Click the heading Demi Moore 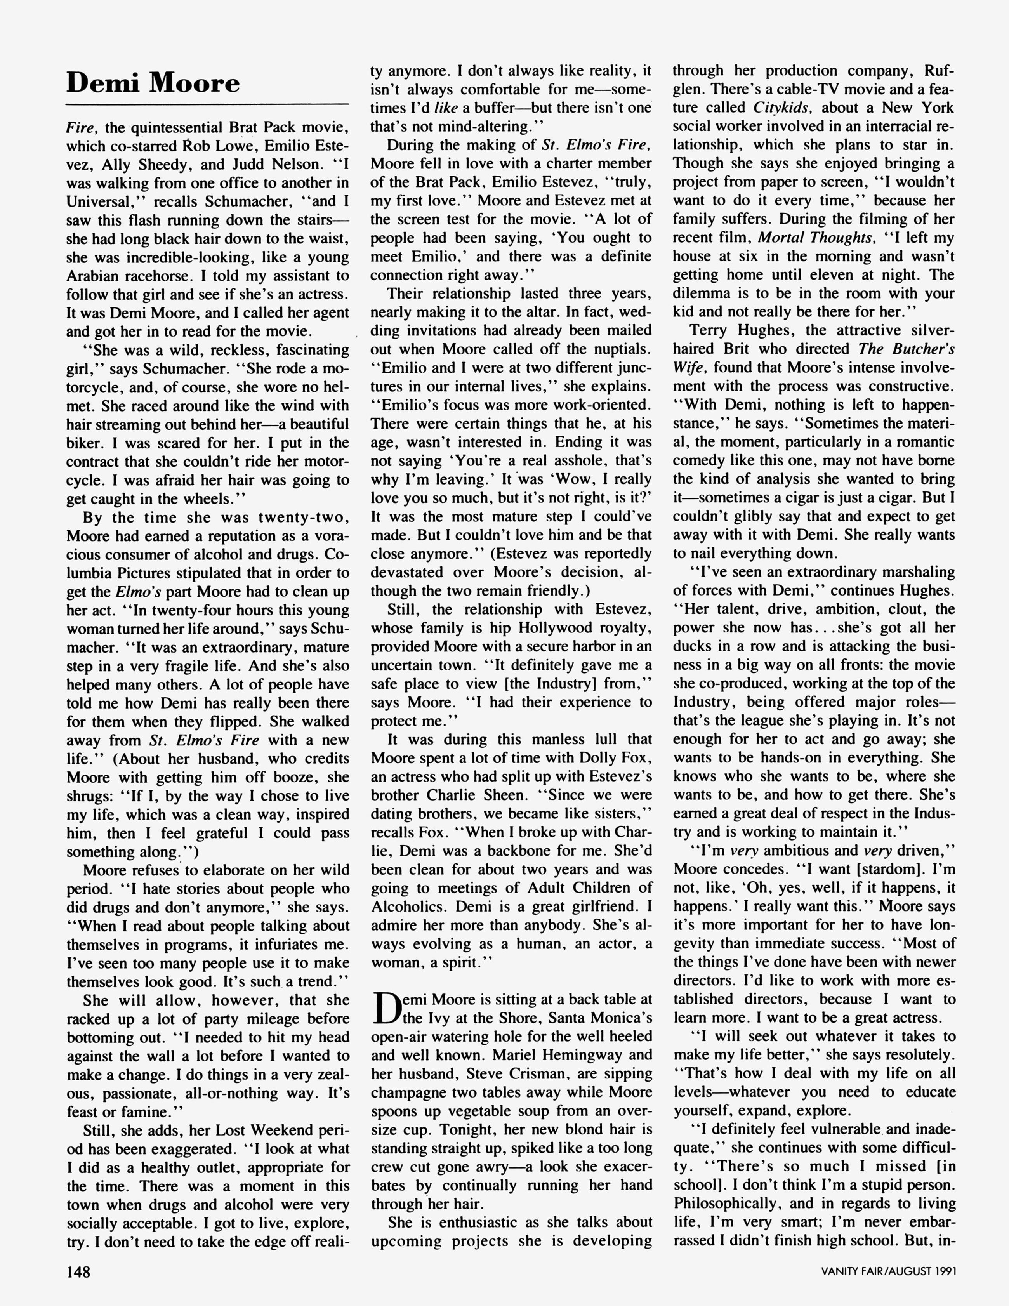153,83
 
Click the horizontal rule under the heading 207,105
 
